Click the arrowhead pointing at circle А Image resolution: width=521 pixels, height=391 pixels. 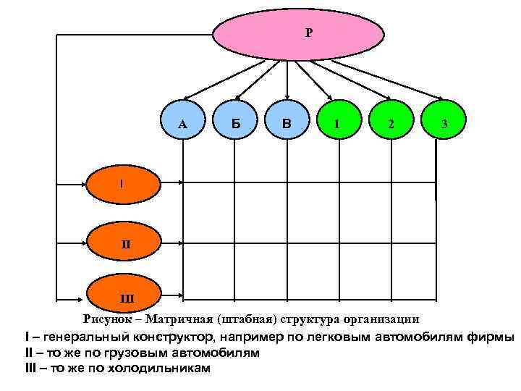pyautogui.click(x=187, y=97)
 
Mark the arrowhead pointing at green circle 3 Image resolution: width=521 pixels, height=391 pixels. pyautogui.click(x=440, y=98)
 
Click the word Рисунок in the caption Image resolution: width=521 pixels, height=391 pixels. pyautogui.click(x=109, y=318)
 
